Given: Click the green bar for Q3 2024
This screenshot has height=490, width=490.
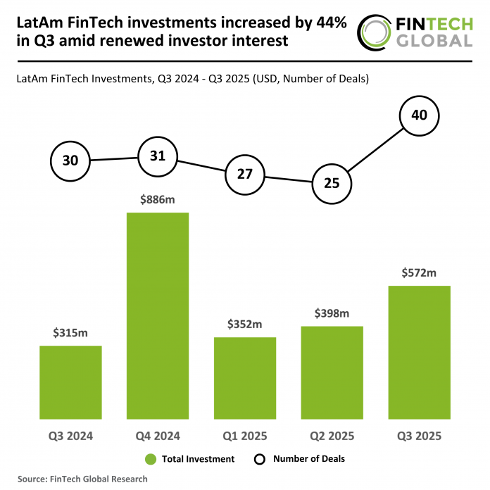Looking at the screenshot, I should (70, 382).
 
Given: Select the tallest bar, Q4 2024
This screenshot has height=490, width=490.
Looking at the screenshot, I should (158, 315).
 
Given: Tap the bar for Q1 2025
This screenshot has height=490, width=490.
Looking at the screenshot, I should (245, 378).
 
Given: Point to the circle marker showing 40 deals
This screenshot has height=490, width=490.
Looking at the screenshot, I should (419, 114).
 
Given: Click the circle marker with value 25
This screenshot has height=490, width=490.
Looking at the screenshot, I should (332, 183).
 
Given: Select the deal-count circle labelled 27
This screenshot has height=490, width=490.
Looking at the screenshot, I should (244, 173).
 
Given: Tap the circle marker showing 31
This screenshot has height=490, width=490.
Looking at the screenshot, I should (157, 156).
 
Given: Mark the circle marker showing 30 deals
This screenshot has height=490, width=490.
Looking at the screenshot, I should (70, 161).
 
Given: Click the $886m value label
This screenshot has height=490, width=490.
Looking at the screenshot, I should (158, 200).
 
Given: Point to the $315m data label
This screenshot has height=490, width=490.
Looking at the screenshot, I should (70, 333).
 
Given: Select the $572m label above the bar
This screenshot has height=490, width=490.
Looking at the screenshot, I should (419, 273).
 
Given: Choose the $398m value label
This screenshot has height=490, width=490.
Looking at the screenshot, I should (332, 313).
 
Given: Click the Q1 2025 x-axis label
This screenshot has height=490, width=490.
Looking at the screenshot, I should (245, 436).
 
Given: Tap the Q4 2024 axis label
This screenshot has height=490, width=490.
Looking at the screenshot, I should (158, 436).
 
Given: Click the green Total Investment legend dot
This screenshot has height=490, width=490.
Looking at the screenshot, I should (150, 459).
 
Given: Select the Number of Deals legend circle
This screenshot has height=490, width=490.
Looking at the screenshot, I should (258, 459).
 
